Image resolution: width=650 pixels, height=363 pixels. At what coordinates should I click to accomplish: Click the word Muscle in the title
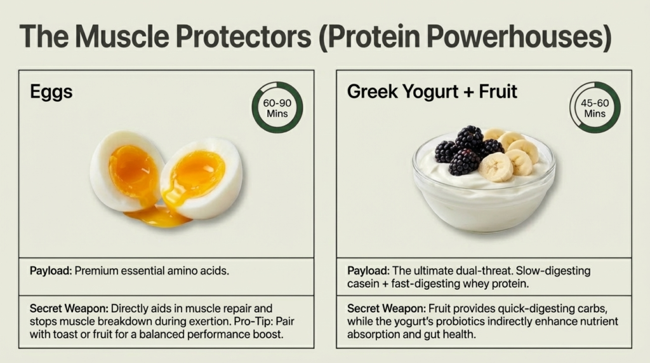tap(123, 36)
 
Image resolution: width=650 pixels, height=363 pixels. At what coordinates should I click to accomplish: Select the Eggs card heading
tap(51, 92)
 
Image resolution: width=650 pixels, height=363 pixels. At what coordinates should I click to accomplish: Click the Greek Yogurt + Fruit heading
tap(432, 92)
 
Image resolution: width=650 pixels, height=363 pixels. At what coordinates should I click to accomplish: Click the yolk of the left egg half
tap(132, 171)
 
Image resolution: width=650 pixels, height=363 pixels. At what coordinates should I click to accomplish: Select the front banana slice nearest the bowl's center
tap(496, 167)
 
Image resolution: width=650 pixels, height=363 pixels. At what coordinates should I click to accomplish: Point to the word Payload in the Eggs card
tap(51, 271)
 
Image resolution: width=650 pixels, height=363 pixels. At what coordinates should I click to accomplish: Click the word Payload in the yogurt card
tap(368, 271)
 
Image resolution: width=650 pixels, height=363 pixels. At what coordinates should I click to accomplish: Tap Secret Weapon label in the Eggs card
tap(69, 308)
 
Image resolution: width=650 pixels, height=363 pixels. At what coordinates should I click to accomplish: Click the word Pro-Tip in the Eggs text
tap(253, 322)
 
